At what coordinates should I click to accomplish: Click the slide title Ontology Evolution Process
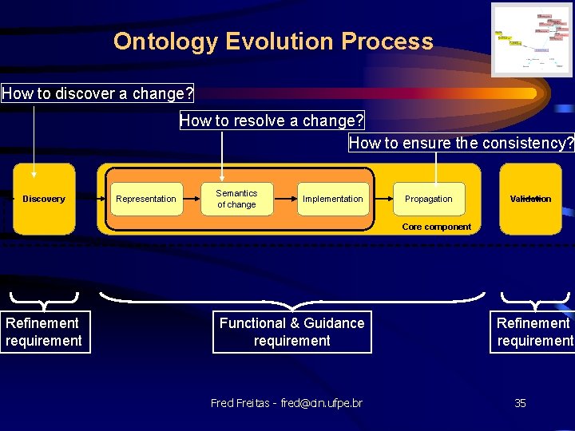[273, 42]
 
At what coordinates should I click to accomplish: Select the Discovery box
[44, 199]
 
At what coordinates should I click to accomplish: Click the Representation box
[146, 199]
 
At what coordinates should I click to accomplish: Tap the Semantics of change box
[236, 199]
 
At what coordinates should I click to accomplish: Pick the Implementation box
[332, 199]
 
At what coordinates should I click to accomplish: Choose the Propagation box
[428, 199]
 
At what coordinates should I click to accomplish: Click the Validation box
[530, 199]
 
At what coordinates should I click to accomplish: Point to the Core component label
[436, 227]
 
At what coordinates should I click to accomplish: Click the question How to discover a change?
[97, 93]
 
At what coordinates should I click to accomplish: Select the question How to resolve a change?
[272, 121]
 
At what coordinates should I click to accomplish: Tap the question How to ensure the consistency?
[461, 143]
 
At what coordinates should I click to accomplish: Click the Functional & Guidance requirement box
[291, 332]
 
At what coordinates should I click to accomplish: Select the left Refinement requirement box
[43, 332]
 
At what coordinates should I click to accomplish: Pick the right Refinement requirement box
[533, 332]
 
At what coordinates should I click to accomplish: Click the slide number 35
[520, 403]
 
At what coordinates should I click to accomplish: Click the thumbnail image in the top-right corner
[531, 40]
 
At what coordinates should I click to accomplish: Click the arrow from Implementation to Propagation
[382, 199]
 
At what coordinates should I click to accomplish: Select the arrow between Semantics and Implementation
[285, 199]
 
